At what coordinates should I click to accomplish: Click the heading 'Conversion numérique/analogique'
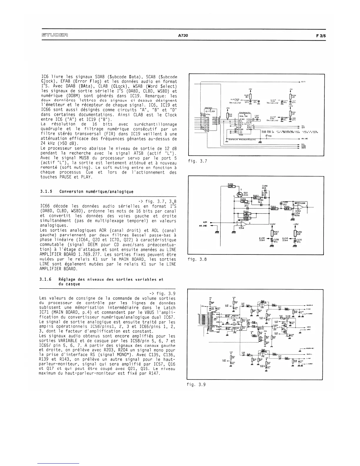[96, 192]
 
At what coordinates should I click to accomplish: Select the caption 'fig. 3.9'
[196, 384]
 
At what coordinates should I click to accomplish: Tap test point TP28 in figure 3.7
[267, 137]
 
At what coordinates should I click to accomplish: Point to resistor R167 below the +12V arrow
[272, 233]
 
